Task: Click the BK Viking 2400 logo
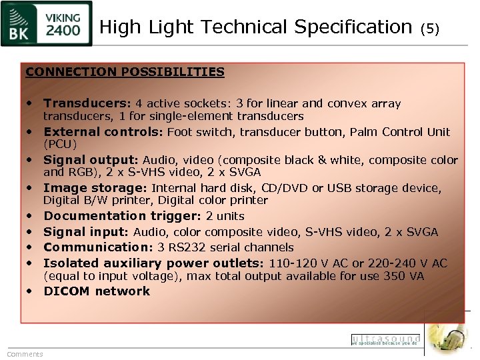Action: tap(47, 24)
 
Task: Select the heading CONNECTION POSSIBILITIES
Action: tap(125, 72)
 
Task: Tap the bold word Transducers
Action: tap(86, 103)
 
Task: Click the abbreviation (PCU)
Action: tap(60, 144)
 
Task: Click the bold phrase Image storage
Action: tap(94, 188)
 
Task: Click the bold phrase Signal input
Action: tap(85, 232)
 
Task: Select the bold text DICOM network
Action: tap(97, 291)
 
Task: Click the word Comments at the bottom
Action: tap(25, 354)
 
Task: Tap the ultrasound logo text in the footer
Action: tap(385, 339)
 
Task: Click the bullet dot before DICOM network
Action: tap(31, 291)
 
